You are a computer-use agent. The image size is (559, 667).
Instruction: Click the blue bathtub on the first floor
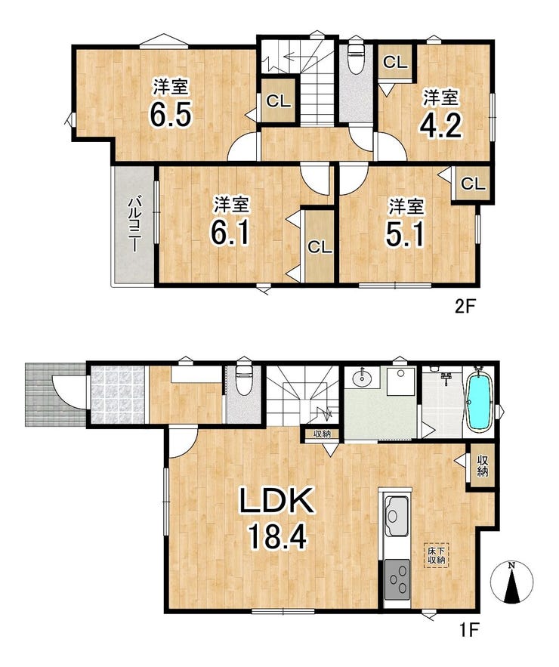[x=480, y=403]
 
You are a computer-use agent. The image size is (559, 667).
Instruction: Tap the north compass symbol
[x=511, y=582]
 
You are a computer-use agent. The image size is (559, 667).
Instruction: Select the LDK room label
[x=277, y=501]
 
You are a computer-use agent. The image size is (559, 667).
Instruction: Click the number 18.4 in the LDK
[x=278, y=536]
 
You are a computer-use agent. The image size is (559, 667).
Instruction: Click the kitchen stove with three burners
[x=397, y=580]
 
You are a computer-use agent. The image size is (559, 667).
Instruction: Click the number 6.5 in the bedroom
[x=171, y=113]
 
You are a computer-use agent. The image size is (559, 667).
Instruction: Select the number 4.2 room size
[x=440, y=124]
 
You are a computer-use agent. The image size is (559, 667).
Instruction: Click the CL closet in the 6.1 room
[x=320, y=247]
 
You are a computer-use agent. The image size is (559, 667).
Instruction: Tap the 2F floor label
[x=465, y=307]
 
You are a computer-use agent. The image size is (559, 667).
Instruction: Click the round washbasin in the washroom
[x=362, y=378]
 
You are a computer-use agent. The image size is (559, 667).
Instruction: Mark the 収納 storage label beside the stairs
[x=322, y=434]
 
